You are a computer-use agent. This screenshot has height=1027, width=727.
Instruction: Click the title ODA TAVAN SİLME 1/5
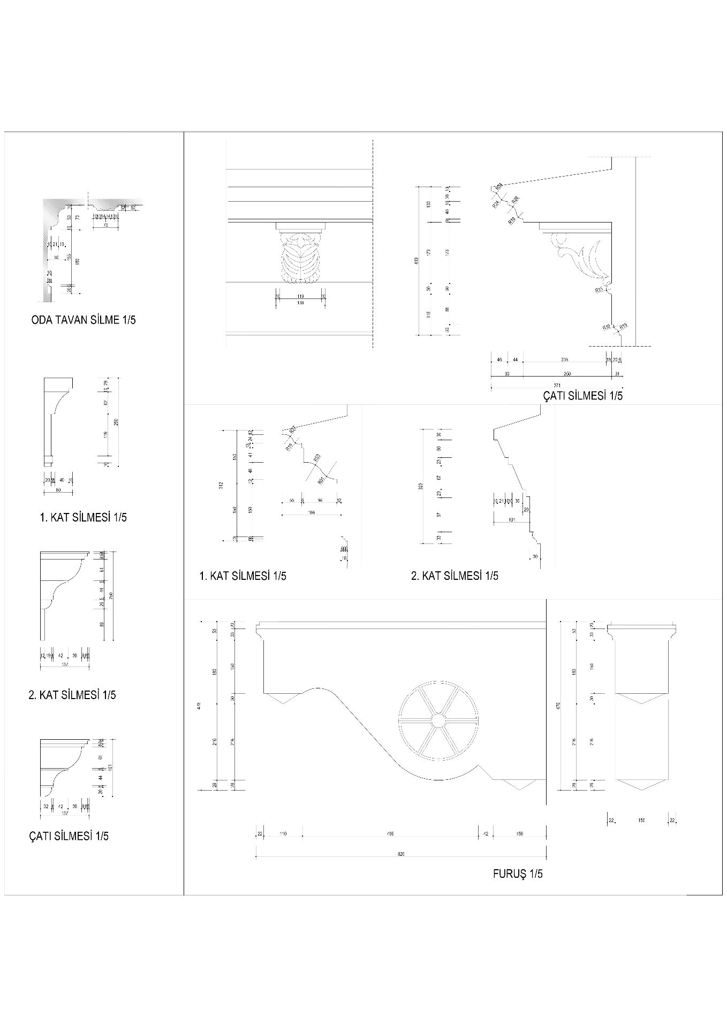point(84,320)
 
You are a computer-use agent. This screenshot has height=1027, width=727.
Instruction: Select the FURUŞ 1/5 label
point(517,873)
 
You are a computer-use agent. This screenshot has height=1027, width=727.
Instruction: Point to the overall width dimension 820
point(401,854)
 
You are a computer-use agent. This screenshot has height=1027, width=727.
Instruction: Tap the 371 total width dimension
point(557,385)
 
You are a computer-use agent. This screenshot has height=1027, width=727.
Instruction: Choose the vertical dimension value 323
point(420,486)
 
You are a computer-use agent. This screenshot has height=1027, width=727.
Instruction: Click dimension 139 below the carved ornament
point(300,303)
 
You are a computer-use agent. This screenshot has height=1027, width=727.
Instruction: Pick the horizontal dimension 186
point(312,512)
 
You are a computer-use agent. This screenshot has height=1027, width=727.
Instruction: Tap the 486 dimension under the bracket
point(390,833)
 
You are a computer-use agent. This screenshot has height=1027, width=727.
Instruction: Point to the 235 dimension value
point(564,359)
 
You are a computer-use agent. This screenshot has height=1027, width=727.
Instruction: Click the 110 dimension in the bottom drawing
point(283,833)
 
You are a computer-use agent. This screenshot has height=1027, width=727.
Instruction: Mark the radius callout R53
point(317,457)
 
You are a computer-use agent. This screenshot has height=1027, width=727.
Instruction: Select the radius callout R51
point(321,480)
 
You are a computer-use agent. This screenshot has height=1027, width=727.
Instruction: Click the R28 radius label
point(515,200)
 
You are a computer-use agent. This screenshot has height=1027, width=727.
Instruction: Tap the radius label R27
point(293,430)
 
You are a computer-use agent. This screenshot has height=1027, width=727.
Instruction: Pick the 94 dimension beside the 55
point(320,500)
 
